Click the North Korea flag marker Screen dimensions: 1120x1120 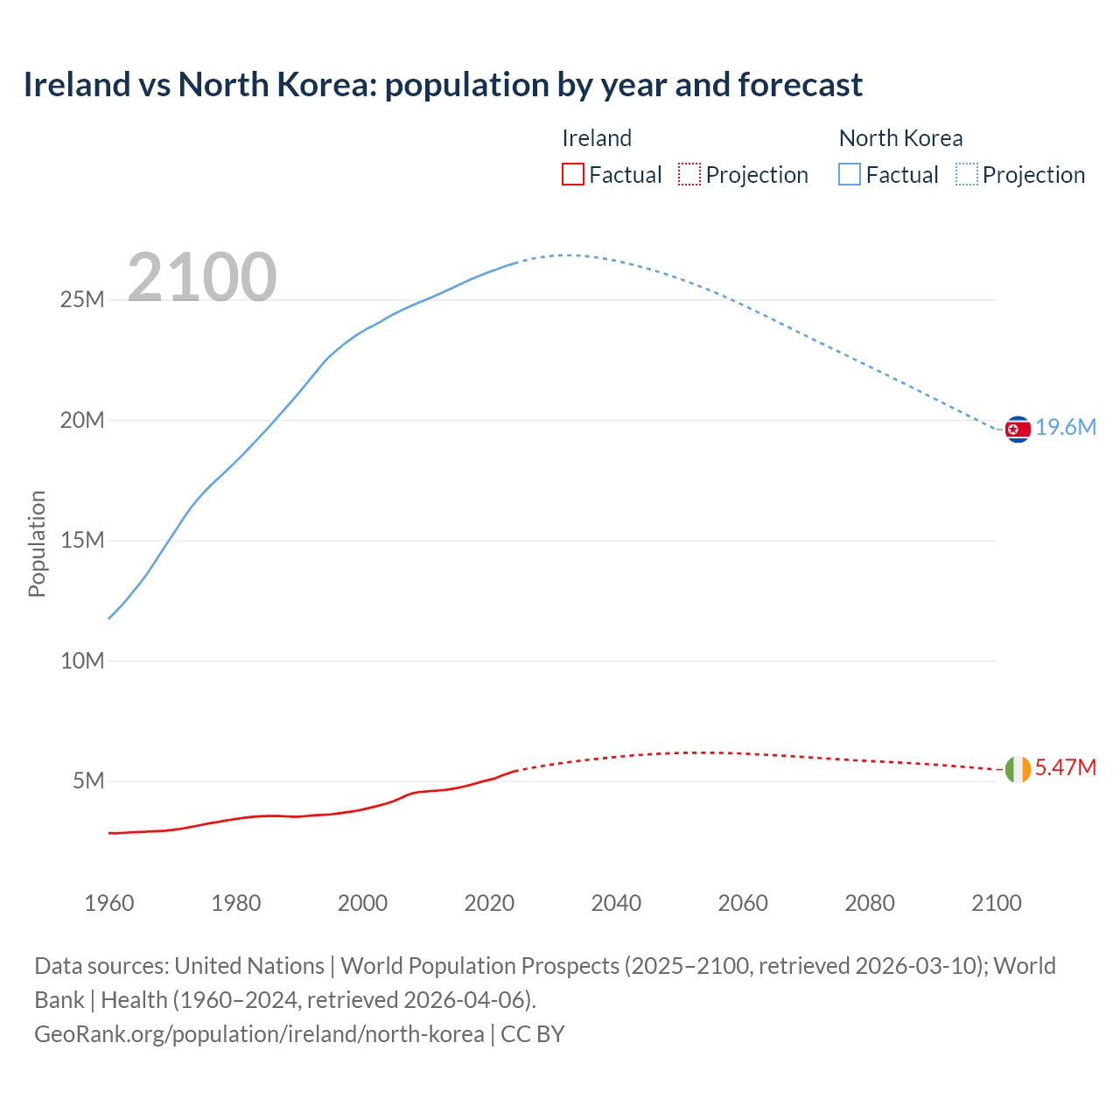coord(1017,429)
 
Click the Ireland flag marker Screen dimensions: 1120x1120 coord(1017,769)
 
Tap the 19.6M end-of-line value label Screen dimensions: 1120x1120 coord(1066,427)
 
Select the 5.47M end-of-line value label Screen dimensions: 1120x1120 coord(1065,767)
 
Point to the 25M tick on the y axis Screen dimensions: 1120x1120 coord(82,300)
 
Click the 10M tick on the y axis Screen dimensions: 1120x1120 coord(82,661)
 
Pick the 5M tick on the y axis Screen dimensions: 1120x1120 coord(87,780)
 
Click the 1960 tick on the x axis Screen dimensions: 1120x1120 coord(109,903)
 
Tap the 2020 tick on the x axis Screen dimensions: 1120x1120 coord(489,903)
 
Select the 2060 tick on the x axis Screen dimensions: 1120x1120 coord(743,903)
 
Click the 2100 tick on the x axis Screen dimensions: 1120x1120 coord(996,903)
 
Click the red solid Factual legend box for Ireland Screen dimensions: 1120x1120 coord(573,174)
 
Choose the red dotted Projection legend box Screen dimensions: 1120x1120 coord(689,174)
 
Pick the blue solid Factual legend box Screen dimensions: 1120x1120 coord(850,174)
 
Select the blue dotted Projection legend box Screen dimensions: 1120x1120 coord(966,174)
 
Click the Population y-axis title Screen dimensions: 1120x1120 coord(37,543)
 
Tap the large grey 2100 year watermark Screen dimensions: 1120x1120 coord(202,277)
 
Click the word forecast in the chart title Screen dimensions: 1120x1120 coord(800,85)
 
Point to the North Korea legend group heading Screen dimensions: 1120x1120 coord(900,138)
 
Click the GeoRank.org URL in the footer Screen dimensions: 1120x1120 coord(259,1034)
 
